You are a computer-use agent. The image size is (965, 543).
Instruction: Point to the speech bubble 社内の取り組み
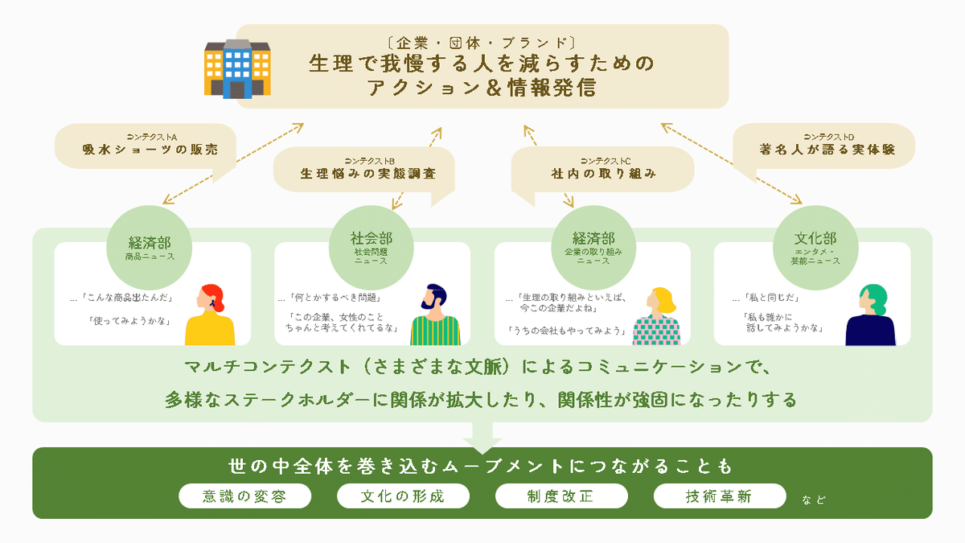pyautogui.click(x=604, y=168)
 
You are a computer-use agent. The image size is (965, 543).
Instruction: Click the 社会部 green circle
pyautogui.click(x=372, y=245)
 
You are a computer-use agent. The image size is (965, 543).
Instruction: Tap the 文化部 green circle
pyautogui.click(x=815, y=245)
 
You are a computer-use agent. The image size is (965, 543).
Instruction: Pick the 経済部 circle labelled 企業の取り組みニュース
pyautogui.click(x=593, y=245)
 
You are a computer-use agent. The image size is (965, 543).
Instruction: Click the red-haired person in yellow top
pyautogui.click(x=210, y=315)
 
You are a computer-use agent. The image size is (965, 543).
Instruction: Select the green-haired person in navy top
pyautogui.click(x=870, y=316)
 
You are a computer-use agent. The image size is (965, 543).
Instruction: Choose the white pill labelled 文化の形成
pyautogui.click(x=402, y=496)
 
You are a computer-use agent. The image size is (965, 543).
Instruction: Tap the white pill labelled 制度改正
pyautogui.click(x=561, y=496)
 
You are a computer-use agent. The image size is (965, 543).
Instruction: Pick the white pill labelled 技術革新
pyautogui.click(x=719, y=496)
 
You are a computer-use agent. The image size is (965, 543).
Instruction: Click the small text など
pyautogui.click(x=813, y=500)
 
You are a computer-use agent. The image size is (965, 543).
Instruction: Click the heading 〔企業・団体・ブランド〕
pyautogui.click(x=482, y=41)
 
